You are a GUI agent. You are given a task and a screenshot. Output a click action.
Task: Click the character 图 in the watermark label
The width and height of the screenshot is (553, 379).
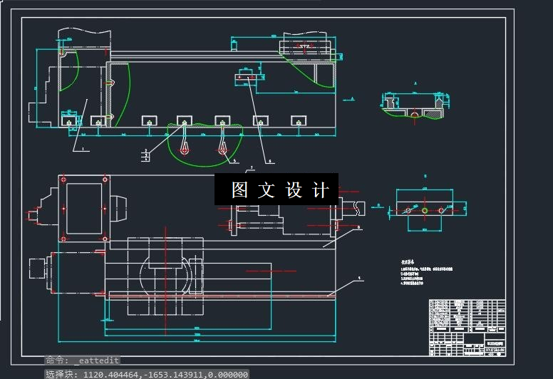click(239, 190)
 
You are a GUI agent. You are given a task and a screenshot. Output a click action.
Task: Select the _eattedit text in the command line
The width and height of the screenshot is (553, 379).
click(96, 360)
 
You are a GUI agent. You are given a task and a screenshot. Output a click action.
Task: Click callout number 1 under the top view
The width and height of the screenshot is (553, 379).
click(82, 150)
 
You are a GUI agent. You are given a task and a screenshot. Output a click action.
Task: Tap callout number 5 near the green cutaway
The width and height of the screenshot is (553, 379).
click(234, 161)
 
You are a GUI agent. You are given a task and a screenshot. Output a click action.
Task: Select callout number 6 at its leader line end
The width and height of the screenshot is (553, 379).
click(271, 161)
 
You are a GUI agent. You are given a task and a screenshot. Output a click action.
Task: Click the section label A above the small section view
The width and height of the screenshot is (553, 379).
click(414, 83)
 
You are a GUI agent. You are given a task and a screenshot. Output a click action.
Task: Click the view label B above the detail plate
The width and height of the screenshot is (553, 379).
click(425, 175)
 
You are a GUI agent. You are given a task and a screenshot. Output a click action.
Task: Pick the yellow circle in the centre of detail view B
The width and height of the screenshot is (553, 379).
click(425, 210)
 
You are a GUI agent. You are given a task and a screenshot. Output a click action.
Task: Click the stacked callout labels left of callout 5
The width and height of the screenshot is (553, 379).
click(146, 154)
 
